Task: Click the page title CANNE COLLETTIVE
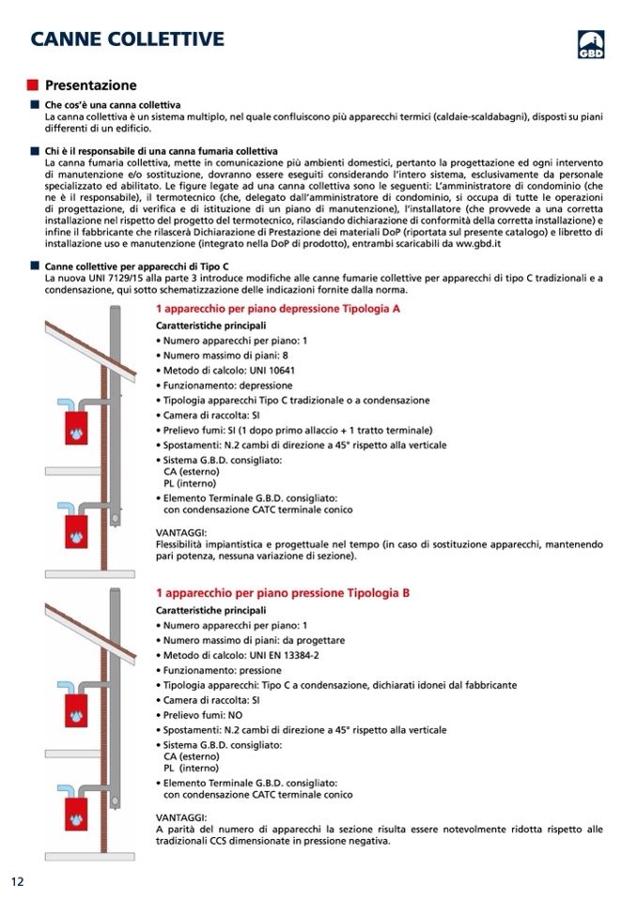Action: pyautogui.click(x=127, y=38)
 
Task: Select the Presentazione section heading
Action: pyautogui.click(x=91, y=85)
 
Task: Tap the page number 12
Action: pyautogui.click(x=17, y=881)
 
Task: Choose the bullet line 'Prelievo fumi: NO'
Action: pyautogui.click(x=203, y=715)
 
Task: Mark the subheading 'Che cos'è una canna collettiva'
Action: pyautogui.click(x=113, y=105)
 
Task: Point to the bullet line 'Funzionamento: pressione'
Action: pyautogui.click(x=222, y=670)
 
